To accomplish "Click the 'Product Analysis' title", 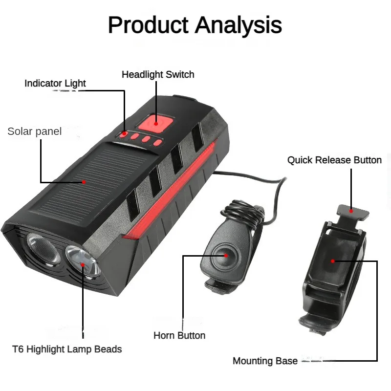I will (x=195, y=24).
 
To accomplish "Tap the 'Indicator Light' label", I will (x=55, y=83).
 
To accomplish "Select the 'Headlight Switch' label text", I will (x=158, y=75).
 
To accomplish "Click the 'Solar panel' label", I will (x=35, y=131).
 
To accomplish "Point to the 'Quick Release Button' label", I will (x=334, y=160).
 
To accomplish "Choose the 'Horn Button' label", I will (x=179, y=335).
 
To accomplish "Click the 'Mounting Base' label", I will (x=265, y=361).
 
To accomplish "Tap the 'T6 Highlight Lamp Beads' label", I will (x=67, y=349).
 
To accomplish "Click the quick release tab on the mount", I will (x=352, y=211).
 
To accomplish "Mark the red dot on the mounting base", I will (x=333, y=261).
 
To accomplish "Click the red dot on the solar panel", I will (x=84, y=182).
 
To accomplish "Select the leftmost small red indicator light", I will (x=125, y=133).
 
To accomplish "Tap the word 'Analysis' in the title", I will (x=239, y=24).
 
